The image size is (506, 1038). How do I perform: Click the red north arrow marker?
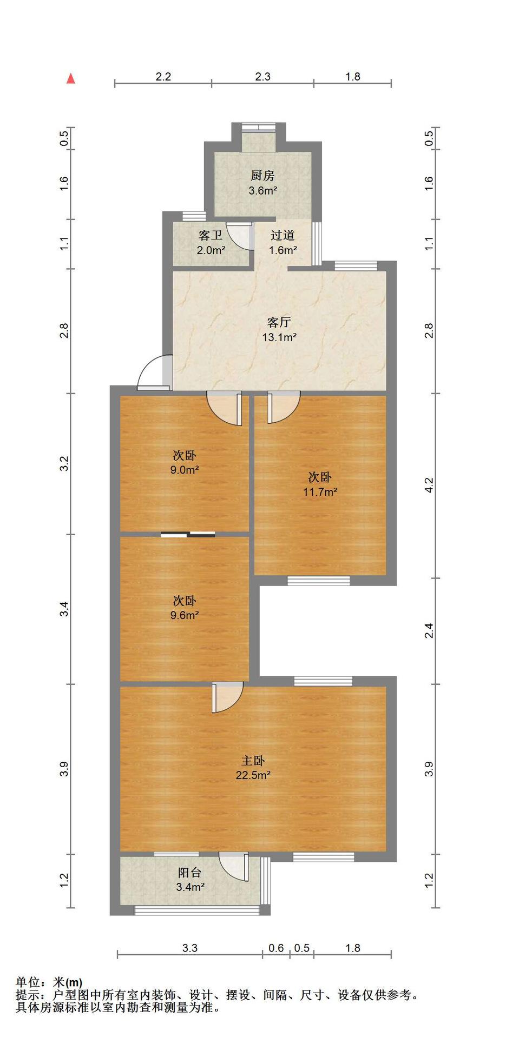[71, 79]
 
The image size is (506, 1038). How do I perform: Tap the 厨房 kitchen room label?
[262, 176]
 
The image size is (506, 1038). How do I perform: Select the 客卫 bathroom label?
[211, 236]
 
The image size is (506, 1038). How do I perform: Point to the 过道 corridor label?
[282, 236]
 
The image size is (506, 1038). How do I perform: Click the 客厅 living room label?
[279, 323]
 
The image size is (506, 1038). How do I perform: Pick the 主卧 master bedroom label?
[253, 761]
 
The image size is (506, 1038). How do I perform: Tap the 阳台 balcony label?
[190, 873]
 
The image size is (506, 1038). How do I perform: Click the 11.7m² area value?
[320, 492]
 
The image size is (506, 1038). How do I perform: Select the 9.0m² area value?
[185, 470]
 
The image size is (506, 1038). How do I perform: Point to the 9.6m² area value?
[185, 615]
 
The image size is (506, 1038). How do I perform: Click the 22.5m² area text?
[253, 775]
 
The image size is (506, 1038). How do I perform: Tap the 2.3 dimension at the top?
[263, 77]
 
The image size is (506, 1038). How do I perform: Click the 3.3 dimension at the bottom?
[190, 948]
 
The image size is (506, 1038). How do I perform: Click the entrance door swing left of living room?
[154, 372]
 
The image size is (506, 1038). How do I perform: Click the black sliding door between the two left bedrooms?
[188, 535]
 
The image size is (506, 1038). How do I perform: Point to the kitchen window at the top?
[258, 127]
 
